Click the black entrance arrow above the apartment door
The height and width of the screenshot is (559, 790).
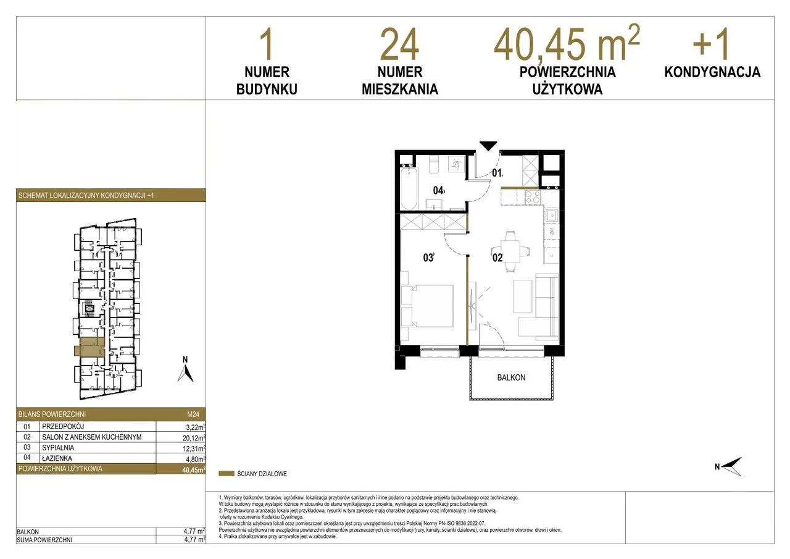488,146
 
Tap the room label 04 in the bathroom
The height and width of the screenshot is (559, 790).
438,191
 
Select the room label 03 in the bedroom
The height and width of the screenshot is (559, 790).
428,258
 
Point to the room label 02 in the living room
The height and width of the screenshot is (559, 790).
497,258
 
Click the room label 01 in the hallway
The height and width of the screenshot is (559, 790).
497,173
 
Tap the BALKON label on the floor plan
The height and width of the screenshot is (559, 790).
511,377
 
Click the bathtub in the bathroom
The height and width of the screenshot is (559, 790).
409,189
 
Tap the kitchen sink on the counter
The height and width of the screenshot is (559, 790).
551,216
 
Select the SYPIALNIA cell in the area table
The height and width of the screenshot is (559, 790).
58,448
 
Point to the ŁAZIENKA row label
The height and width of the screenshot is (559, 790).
57,458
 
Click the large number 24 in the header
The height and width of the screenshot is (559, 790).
399,46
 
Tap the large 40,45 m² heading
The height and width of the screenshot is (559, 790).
567,43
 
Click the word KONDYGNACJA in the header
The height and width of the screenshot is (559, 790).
712,72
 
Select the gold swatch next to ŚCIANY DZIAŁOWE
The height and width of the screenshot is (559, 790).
227,474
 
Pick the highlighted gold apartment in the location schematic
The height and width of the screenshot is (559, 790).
89,347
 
